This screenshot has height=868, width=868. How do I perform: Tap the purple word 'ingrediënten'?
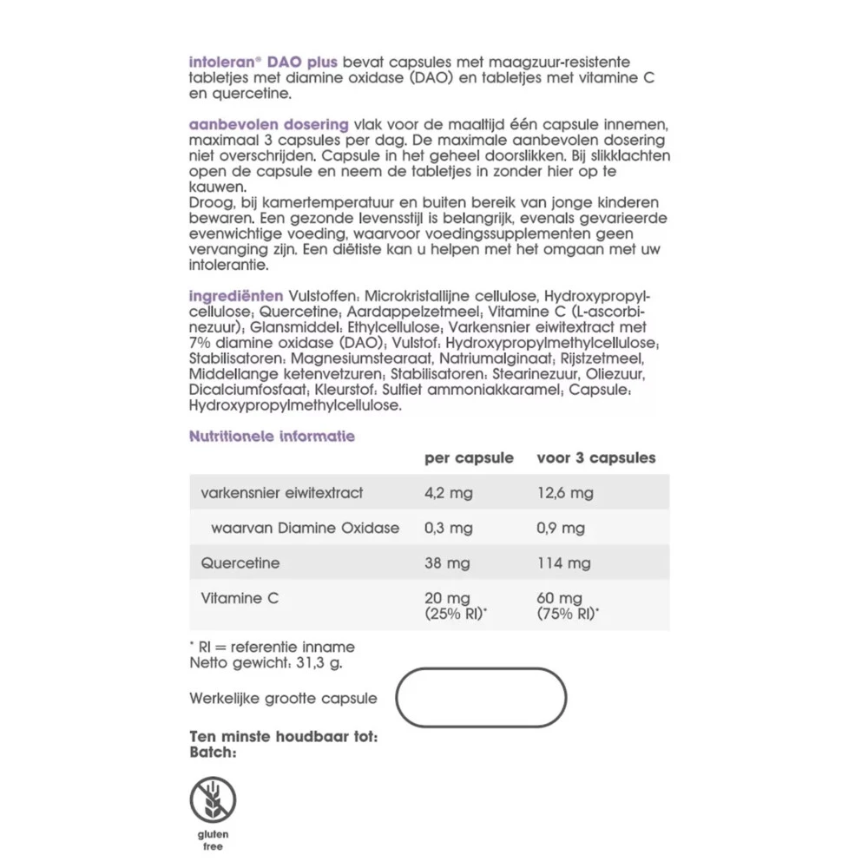pos(235,295)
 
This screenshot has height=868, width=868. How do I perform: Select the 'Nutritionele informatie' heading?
pos(272,437)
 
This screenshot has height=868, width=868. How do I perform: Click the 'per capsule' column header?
pos(468,457)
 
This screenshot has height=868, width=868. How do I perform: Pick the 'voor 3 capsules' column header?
pos(595,457)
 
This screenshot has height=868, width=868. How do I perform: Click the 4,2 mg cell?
pos(448,493)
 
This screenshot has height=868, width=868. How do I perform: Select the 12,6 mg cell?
pos(565,493)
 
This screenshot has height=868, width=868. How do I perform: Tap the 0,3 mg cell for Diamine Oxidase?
pos(448,528)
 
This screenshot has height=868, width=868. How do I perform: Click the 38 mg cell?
pos(447,563)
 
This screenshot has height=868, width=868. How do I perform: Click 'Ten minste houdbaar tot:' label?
pos(283,738)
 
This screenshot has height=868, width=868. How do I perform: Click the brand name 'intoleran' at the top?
pos(219,62)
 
